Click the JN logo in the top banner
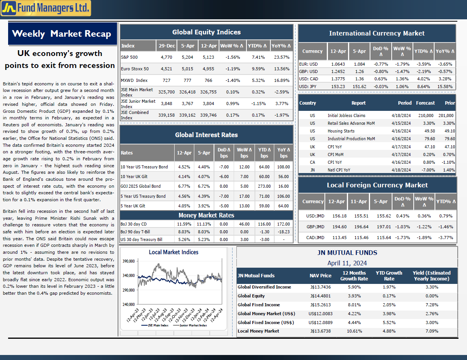(8, 8)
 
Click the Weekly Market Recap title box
(63, 34)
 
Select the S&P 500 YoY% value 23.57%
(282, 57)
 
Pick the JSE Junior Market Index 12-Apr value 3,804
(209, 104)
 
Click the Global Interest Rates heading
(206, 135)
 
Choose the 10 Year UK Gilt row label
(134, 177)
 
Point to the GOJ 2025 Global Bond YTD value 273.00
(264, 186)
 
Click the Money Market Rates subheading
(206, 215)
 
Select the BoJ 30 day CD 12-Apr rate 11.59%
(184, 224)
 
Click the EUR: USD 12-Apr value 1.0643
(338, 64)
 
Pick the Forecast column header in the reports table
(425, 103)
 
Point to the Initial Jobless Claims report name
(346, 115)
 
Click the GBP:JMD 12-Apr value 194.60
(340, 227)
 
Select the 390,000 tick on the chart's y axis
(129, 261)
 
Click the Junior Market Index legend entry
(190, 325)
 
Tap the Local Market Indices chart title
(173, 252)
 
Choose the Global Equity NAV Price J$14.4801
(321, 296)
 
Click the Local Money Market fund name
(258, 331)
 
